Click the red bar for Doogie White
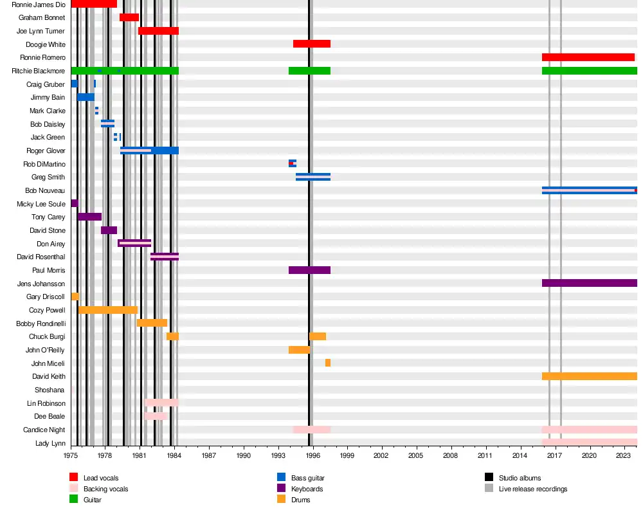coord(312,44)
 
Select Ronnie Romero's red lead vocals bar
coord(588,57)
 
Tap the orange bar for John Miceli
coord(328,363)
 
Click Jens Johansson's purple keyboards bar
coord(589,283)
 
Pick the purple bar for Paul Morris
coord(309,270)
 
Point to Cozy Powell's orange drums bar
coord(108,310)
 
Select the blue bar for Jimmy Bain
coord(86,97)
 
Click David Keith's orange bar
coord(589,376)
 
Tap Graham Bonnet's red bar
coord(129,17)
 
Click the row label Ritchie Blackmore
coord(38,71)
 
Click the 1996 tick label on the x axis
coord(312,455)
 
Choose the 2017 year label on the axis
coord(555,455)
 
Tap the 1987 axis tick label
coord(208,455)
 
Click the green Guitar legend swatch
coord(73,500)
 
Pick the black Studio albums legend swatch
coord(489,478)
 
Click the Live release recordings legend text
coord(533,489)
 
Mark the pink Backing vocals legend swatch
coord(73,489)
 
